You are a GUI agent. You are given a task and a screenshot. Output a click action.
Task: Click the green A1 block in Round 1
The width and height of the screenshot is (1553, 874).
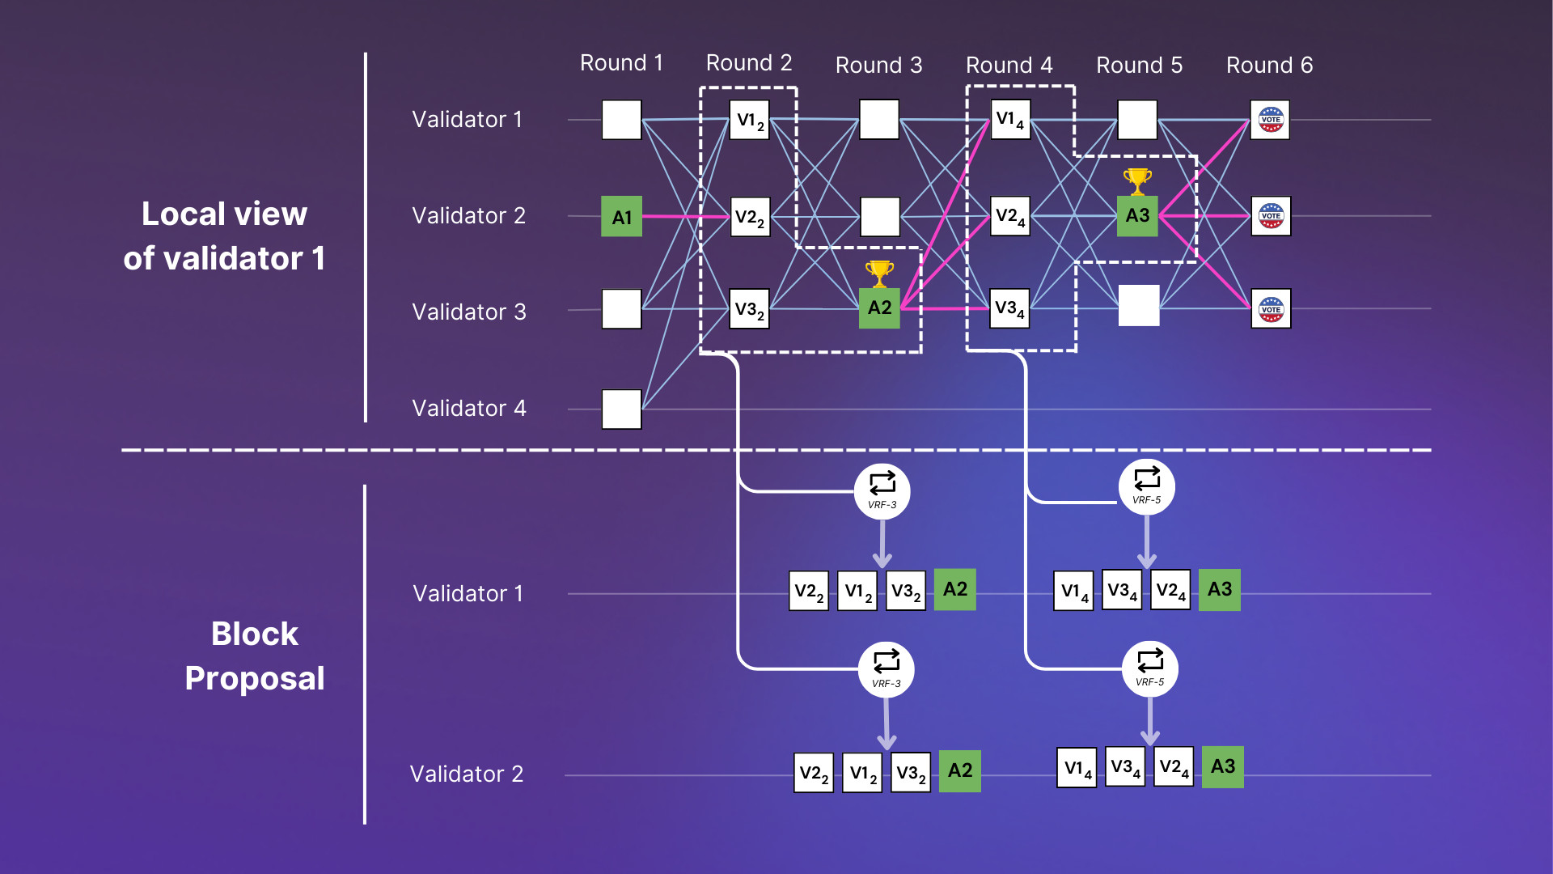[x=621, y=216]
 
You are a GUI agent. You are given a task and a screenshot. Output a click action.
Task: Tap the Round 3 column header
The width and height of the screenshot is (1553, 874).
[x=878, y=65]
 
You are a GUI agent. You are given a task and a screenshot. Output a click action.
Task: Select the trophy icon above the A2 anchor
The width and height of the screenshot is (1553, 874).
[x=879, y=274]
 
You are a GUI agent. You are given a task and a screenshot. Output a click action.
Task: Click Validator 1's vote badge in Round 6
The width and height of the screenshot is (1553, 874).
[x=1270, y=120]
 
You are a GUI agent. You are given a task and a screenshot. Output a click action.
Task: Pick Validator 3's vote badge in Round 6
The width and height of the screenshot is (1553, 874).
[x=1271, y=308]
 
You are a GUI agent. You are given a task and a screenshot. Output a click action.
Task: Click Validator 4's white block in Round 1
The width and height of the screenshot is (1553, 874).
[x=621, y=409]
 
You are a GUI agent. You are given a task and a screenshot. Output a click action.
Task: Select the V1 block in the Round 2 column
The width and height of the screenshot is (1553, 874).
[x=749, y=120]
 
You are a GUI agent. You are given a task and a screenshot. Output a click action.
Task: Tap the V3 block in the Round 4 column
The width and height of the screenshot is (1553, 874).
[x=1009, y=308]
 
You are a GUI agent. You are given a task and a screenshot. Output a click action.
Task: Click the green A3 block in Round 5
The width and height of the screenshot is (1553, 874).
[x=1137, y=216]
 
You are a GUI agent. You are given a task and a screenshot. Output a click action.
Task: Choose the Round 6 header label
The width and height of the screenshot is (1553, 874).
[x=1269, y=65]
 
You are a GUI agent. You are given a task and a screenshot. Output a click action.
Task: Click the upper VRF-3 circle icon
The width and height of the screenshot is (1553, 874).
[x=882, y=491]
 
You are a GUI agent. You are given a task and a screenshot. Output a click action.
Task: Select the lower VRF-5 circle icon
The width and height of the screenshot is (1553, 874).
[x=1149, y=668]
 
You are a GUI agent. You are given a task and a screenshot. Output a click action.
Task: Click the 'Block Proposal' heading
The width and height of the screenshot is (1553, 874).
[x=254, y=656]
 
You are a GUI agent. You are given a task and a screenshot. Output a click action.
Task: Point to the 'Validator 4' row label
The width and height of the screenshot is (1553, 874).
[x=469, y=408]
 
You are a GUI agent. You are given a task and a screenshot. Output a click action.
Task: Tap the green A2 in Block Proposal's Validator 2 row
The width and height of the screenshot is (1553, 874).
[x=959, y=770]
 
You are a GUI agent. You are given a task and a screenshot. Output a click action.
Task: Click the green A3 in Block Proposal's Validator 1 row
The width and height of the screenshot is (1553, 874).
[x=1219, y=589]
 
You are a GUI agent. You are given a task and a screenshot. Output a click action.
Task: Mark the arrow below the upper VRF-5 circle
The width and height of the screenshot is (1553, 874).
[x=1147, y=542]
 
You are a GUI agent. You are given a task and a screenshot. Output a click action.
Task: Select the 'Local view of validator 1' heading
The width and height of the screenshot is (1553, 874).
[x=224, y=236]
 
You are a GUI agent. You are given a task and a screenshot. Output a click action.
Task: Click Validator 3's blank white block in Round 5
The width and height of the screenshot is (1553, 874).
[x=1139, y=306]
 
